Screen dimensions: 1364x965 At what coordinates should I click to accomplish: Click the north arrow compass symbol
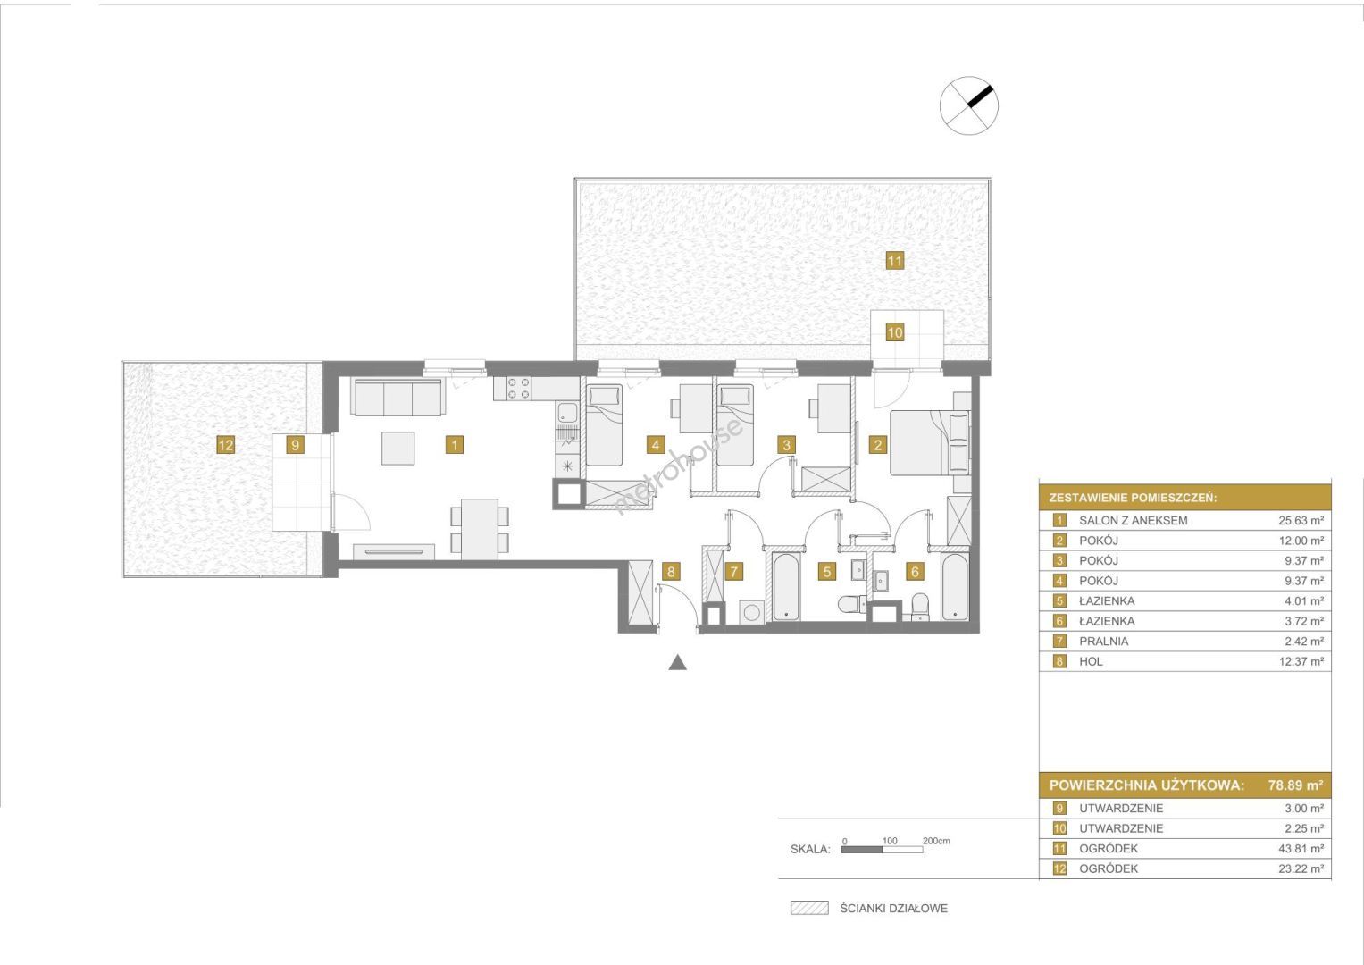point(969,105)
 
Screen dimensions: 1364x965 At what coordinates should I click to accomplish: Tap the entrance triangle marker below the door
point(678,663)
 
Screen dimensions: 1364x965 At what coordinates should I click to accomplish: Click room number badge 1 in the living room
point(455,445)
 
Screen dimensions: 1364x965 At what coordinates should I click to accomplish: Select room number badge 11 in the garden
point(894,261)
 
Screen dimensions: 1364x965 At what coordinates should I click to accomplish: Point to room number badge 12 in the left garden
point(225,445)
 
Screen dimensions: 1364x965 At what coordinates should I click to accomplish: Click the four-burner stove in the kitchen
point(518,389)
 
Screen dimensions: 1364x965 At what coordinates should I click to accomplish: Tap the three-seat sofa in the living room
point(396,398)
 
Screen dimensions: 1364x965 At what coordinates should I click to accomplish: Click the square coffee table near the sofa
point(398,448)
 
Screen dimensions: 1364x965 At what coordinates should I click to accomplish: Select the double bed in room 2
point(930,442)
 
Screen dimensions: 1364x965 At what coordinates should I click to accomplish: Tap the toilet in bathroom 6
point(919,606)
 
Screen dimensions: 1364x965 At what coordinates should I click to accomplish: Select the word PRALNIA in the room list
point(1104,642)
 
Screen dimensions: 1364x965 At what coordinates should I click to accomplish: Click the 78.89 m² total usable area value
point(1296,785)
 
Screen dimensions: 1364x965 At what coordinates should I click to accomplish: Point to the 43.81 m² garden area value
point(1301,849)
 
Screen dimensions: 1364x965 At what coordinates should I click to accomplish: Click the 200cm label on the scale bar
point(936,841)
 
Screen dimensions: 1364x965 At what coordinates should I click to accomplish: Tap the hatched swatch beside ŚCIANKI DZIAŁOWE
point(809,909)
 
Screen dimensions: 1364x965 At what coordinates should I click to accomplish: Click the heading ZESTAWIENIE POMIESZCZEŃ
point(1134,498)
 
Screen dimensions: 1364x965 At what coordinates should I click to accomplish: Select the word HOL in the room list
point(1092,661)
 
